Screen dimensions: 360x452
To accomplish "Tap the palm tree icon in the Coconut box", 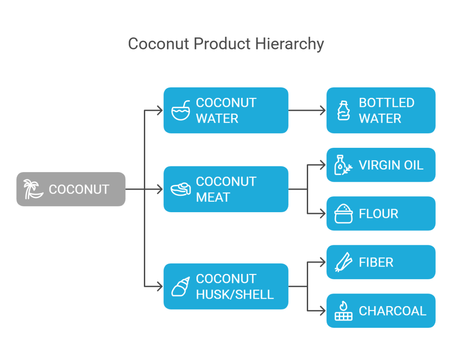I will coord(33,189).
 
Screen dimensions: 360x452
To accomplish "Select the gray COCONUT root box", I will coord(71,189).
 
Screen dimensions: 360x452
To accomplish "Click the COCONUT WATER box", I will coord(226,110).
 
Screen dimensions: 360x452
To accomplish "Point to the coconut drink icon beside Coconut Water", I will coord(181,110).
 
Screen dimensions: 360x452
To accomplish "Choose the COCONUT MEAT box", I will coord(226,189).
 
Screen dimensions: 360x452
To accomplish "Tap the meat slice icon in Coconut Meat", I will coord(181,189).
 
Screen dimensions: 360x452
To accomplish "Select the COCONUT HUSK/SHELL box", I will coord(226,286).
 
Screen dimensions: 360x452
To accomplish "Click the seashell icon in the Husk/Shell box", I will coord(181,287).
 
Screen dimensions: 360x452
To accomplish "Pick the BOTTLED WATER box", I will coord(380,110).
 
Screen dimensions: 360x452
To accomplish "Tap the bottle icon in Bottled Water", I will coord(343,110).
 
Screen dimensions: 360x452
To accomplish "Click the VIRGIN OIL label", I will coord(391,165).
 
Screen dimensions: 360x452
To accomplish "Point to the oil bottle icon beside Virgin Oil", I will coord(343,165).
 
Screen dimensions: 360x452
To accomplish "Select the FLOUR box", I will coord(380,214).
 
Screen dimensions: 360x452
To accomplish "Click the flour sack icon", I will coord(343,214).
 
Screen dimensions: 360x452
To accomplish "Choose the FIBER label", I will coord(376,262).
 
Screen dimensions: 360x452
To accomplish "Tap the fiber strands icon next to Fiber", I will coord(343,262).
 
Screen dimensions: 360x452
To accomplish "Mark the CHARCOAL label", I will coord(392,311).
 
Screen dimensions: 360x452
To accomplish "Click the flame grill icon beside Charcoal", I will coord(343,311).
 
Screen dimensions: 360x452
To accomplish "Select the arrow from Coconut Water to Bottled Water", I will coord(307,110).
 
